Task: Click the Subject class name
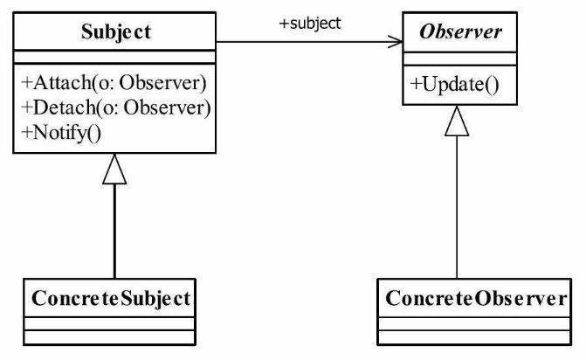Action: point(116,31)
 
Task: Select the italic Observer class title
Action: point(460,31)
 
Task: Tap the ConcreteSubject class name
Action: point(111,299)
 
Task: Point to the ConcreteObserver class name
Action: point(476,298)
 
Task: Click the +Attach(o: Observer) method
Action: point(114,83)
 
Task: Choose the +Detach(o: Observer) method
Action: point(116,107)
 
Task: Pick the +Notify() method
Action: point(61,133)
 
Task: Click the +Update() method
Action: point(454,85)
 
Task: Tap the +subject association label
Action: point(310,24)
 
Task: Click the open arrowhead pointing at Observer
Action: point(396,42)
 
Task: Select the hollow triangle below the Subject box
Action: point(114,169)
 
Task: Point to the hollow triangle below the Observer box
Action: point(457,121)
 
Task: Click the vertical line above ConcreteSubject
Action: point(114,232)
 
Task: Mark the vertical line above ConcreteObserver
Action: point(457,207)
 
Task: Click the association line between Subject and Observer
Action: point(309,42)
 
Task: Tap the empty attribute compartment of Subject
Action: point(114,57)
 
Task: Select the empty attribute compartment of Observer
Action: point(459,59)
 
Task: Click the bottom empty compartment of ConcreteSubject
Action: point(109,337)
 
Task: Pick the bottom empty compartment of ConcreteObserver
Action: point(474,337)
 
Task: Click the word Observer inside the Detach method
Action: point(168,107)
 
